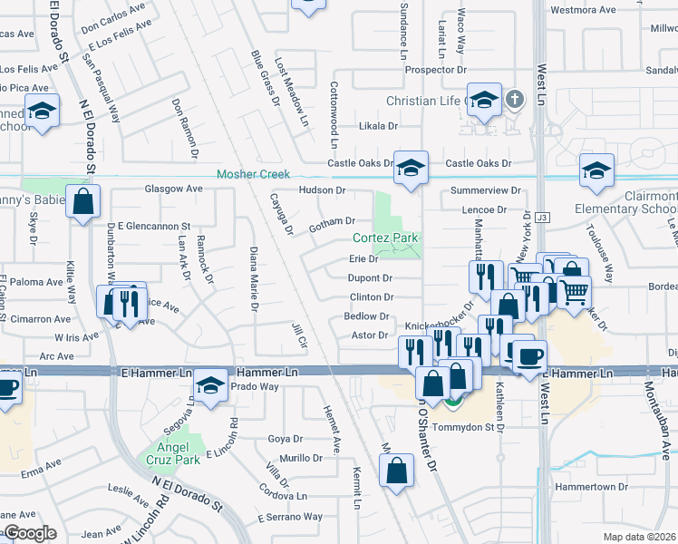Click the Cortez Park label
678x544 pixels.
point(385,238)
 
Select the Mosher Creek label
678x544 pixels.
point(252,174)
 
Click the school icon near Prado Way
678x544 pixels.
point(211,387)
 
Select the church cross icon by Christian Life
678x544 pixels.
point(515,99)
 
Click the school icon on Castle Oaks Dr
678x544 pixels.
point(411,168)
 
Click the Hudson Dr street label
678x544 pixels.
point(323,190)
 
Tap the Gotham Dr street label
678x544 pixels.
point(332,221)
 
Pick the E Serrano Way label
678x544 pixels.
point(289,517)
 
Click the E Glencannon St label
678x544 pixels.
point(153,226)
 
